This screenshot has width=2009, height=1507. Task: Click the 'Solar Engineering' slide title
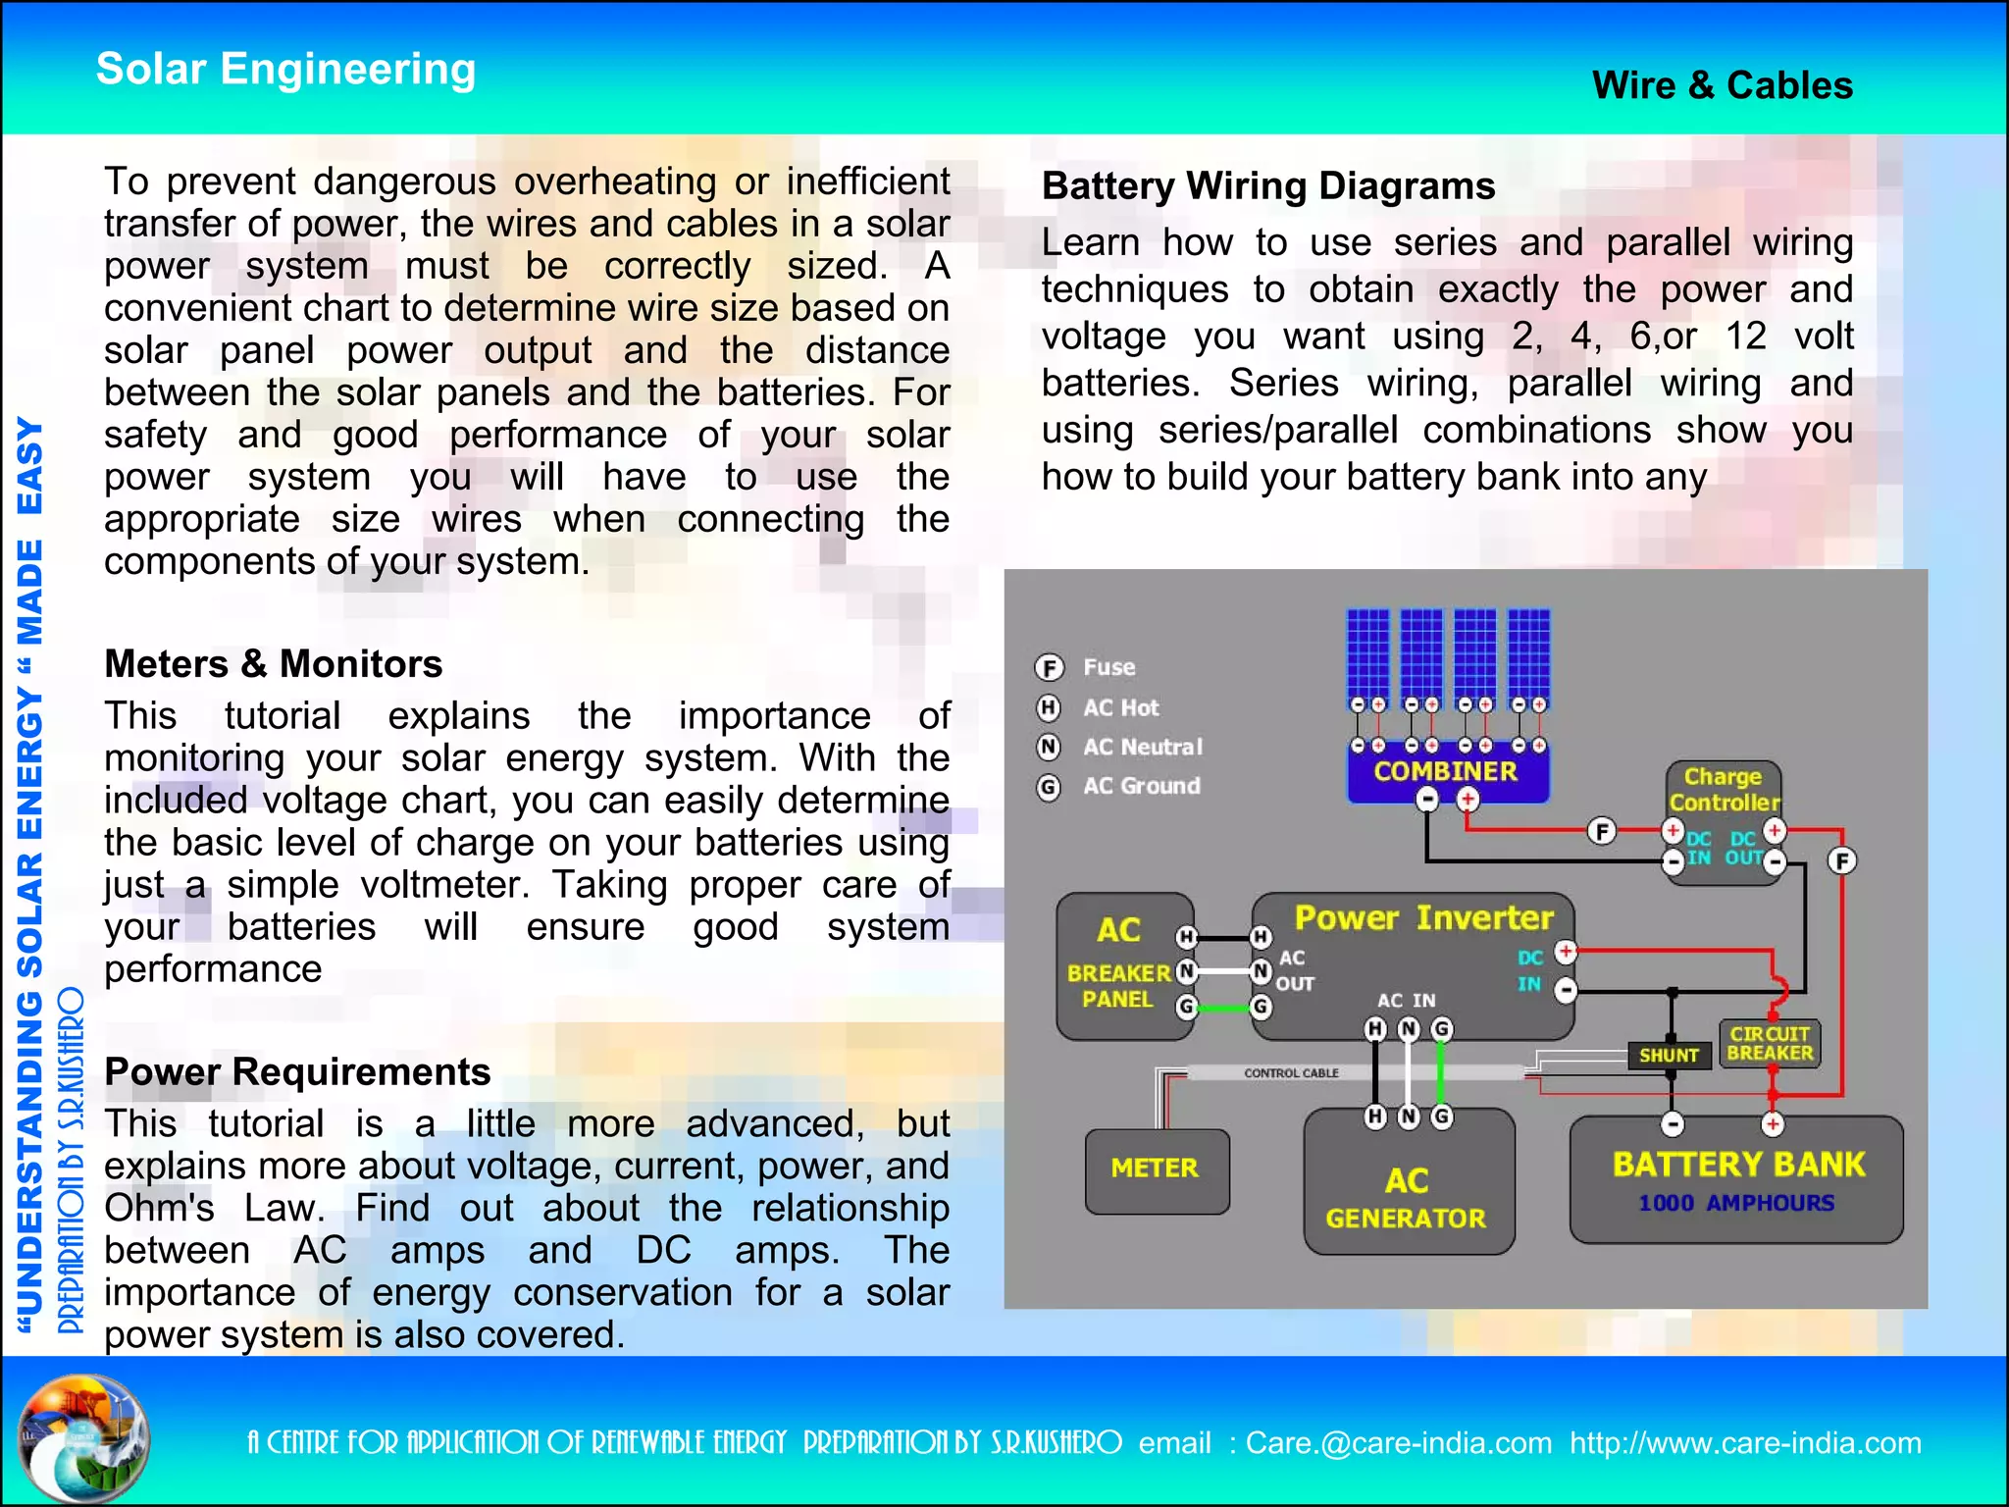[285, 70]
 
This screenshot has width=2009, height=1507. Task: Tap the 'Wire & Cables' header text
[1722, 85]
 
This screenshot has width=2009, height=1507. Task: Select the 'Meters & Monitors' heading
[273, 664]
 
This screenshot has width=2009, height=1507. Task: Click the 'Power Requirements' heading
[297, 1071]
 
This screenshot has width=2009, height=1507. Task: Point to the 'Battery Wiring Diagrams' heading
[1267, 185]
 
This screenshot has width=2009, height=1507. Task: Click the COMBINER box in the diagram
[1446, 771]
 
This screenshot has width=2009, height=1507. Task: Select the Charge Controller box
[1724, 790]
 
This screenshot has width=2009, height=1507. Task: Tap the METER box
[1156, 1169]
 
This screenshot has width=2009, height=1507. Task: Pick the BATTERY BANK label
[1737, 1165]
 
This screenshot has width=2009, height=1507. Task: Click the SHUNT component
[1669, 1055]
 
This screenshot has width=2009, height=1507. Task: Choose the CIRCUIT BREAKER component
[1770, 1043]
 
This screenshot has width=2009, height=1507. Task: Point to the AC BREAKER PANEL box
[1119, 966]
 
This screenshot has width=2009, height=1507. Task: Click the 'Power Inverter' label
[1423, 918]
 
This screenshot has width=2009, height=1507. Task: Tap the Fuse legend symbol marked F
[1049, 668]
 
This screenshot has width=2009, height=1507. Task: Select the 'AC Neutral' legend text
[1142, 748]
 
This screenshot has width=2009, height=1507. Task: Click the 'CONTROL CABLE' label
[1291, 1073]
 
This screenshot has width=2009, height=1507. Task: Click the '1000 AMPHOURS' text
[1735, 1203]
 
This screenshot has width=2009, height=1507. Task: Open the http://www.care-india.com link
[1744, 1443]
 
